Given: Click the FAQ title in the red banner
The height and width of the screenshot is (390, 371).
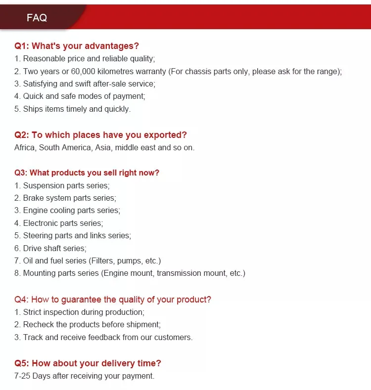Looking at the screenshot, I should (x=37, y=18).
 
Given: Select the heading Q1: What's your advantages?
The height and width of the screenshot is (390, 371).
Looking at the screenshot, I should (x=77, y=46).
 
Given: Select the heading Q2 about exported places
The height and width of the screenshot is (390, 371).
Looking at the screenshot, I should (x=101, y=135).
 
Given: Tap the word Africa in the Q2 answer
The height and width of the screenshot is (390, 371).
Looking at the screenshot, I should (x=25, y=147).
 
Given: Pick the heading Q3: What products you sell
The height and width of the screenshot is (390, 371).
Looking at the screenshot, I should (x=87, y=173).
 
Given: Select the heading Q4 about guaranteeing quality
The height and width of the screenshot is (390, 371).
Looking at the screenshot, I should (x=113, y=299).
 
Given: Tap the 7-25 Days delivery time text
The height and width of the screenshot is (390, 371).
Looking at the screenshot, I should (x=84, y=376).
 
